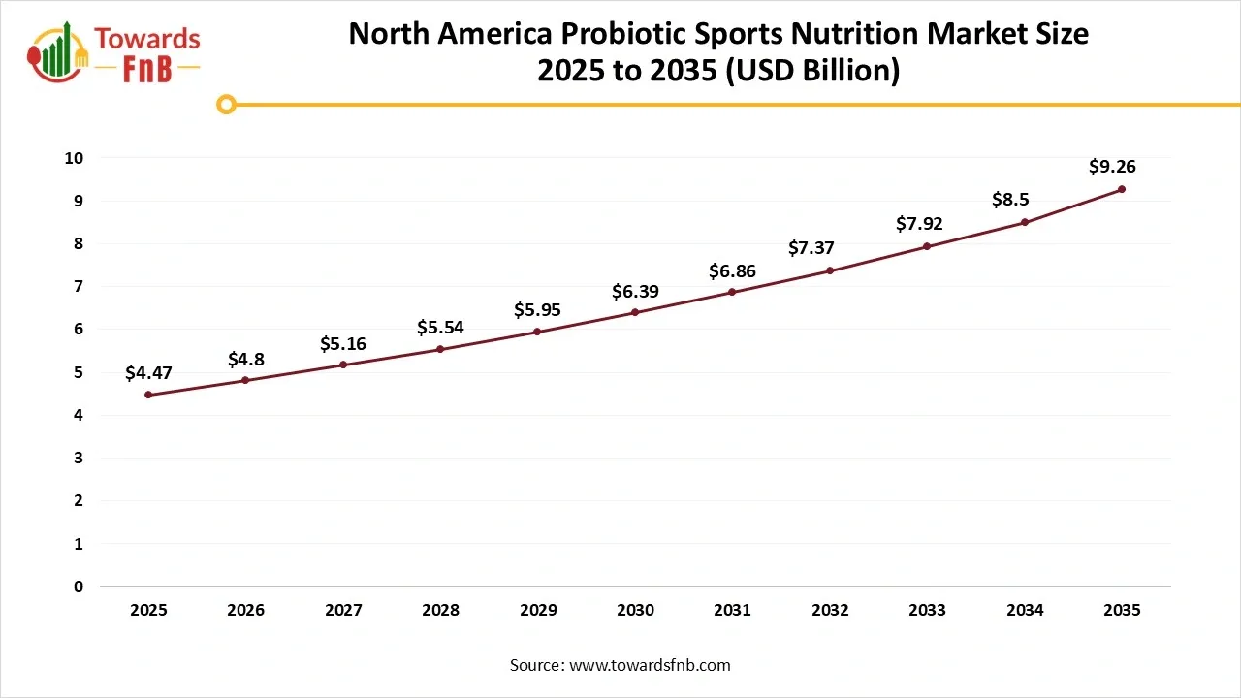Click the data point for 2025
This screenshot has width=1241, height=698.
point(148,395)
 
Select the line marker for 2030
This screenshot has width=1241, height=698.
point(635,312)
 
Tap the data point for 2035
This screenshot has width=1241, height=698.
point(1122,189)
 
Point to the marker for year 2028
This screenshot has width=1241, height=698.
point(440,349)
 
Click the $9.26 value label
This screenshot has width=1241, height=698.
point(1112,167)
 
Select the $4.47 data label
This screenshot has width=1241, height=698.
point(148,372)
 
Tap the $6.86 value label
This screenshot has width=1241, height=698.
point(732,270)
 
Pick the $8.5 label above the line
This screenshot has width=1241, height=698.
point(1010,200)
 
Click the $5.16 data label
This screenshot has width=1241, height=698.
point(343,343)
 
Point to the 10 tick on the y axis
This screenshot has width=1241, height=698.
point(75,158)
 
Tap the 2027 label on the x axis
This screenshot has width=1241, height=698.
point(343,610)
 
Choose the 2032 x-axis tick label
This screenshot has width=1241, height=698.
point(830,610)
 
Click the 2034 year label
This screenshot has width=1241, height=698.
point(1025,610)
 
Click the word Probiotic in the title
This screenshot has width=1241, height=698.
point(618,34)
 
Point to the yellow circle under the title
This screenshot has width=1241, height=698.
point(226,104)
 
